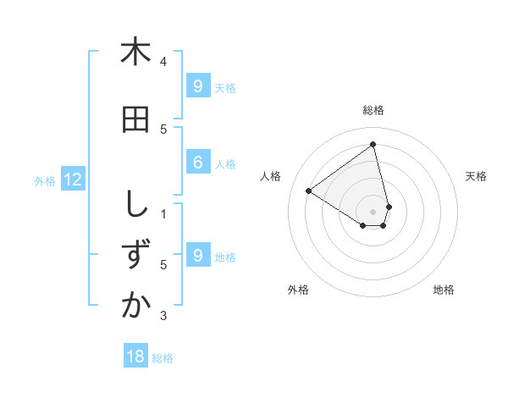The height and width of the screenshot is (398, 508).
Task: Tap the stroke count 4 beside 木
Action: click(x=163, y=61)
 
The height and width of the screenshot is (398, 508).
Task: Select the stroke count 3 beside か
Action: click(x=163, y=316)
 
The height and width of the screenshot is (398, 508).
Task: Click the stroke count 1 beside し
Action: click(x=163, y=213)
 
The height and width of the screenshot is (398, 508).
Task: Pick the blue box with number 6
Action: click(x=197, y=163)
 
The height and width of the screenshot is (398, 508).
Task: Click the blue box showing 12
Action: click(x=73, y=180)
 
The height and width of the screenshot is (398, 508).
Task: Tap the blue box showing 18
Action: click(x=135, y=357)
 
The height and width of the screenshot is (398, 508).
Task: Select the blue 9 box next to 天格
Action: click(x=197, y=86)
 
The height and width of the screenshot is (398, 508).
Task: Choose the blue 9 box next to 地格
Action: click(x=197, y=255)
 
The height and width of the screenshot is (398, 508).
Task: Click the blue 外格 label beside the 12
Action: click(x=44, y=180)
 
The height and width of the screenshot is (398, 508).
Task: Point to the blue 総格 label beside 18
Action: click(x=163, y=358)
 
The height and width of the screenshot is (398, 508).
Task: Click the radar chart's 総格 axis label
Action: click(x=373, y=110)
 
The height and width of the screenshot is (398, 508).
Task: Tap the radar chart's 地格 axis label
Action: click(x=444, y=290)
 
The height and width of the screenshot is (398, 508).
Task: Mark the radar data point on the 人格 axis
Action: click(x=309, y=191)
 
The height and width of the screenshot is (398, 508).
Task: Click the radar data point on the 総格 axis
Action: click(x=373, y=145)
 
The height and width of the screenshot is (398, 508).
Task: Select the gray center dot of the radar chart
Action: click(x=373, y=211)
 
